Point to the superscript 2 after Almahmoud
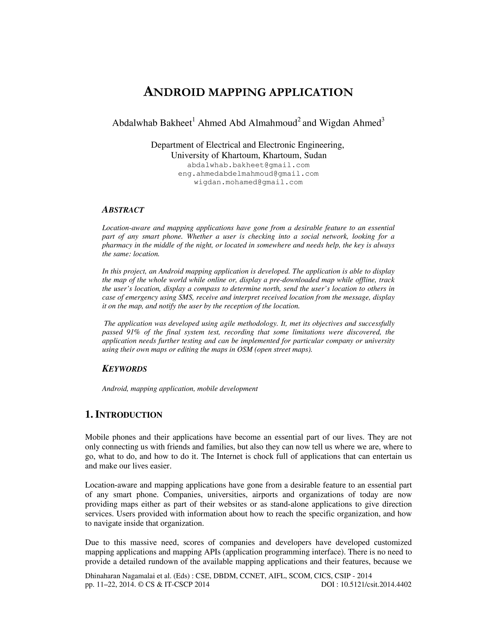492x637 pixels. pyautogui.click(x=299, y=119)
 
